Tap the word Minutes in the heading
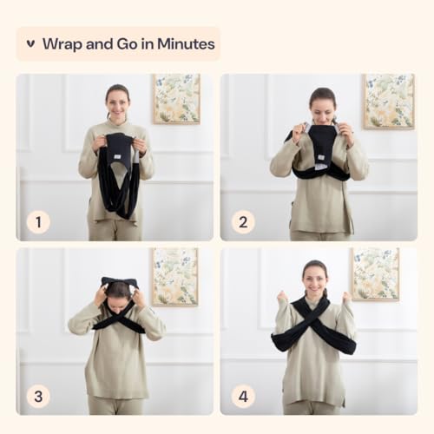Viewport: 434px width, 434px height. tap(186, 44)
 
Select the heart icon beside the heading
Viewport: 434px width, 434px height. tap(30, 44)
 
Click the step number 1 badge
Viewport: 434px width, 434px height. tap(38, 222)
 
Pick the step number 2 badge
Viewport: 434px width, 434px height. tap(243, 222)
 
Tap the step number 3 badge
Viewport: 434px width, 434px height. tap(38, 397)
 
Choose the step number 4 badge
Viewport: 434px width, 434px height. tap(243, 397)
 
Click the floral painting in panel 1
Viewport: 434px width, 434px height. tap(176, 99)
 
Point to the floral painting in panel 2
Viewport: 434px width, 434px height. tap(389, 102)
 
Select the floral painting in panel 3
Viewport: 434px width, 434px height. tap(175, 277)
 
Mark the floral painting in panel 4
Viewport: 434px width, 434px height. tap(376, 274)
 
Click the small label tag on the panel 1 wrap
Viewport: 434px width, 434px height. tap(117, 156)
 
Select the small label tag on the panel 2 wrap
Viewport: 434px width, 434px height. tap(321, 158)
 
